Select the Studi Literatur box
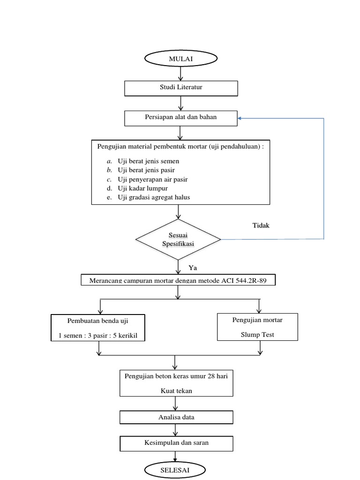180,88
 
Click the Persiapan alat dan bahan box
180,117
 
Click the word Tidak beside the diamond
261,225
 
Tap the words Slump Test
257,335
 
